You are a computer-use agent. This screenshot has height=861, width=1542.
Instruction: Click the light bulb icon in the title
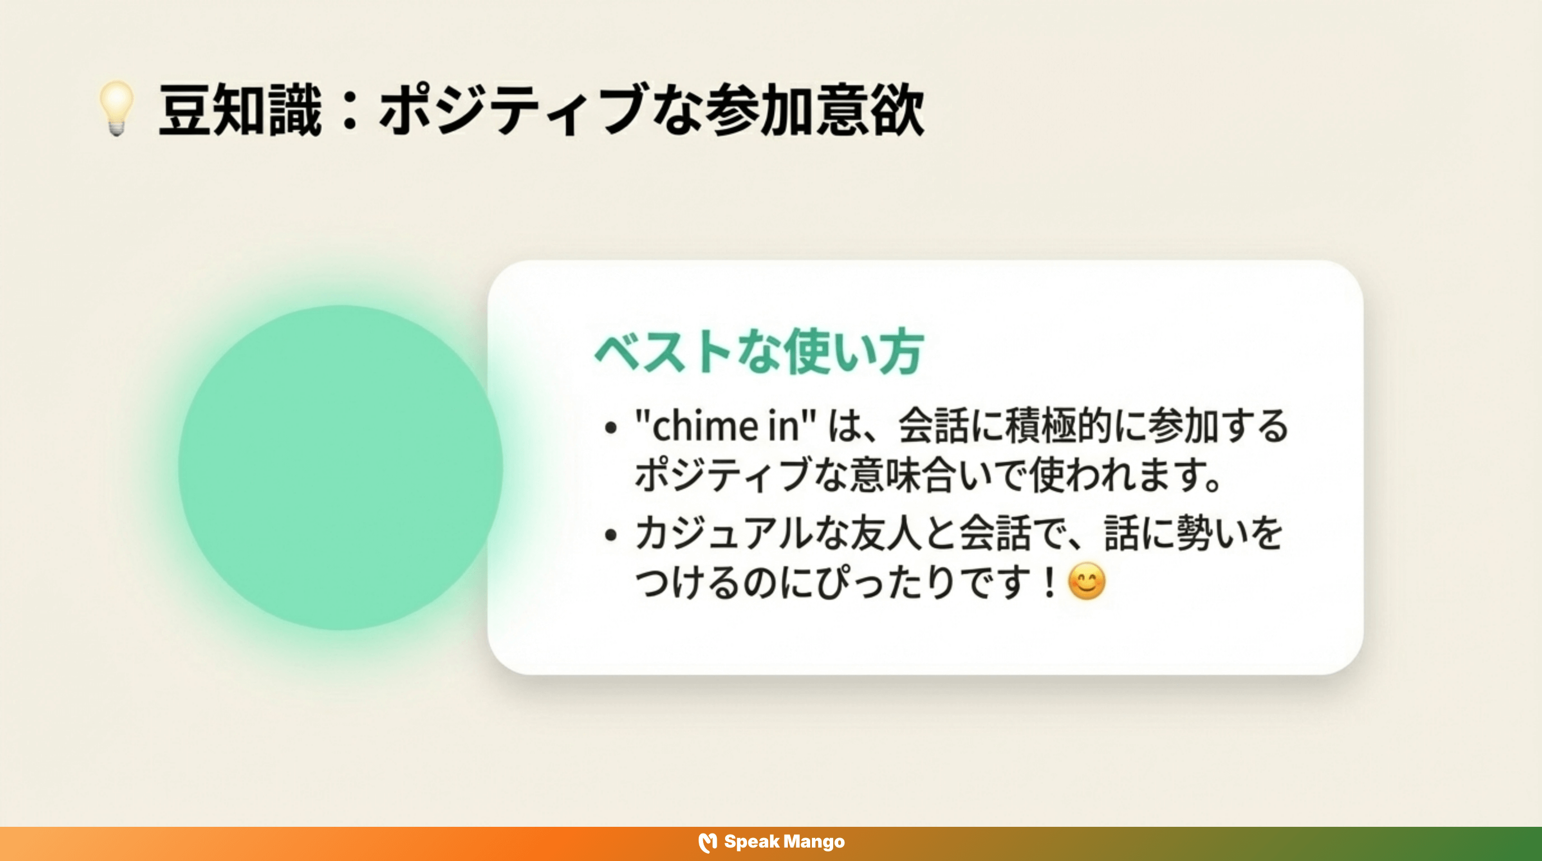pyautogui.click(x=117, y=108)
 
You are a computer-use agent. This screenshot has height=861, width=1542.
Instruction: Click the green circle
pyautogui.click(x=340, y=467)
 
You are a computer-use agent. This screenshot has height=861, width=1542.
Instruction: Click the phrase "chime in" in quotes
pyautogui.click(x=726, y=427)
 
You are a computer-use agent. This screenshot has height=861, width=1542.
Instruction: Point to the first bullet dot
pyautogui.click(x=611, y=428)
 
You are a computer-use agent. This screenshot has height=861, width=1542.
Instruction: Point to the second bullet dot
pyautogui.click(x=611, y=535)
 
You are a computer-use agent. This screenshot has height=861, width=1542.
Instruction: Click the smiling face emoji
pyautogui.click(x=1086, y=581)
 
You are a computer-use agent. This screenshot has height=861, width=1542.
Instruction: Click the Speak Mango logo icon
pyautogui.click(x=708, y=843)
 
